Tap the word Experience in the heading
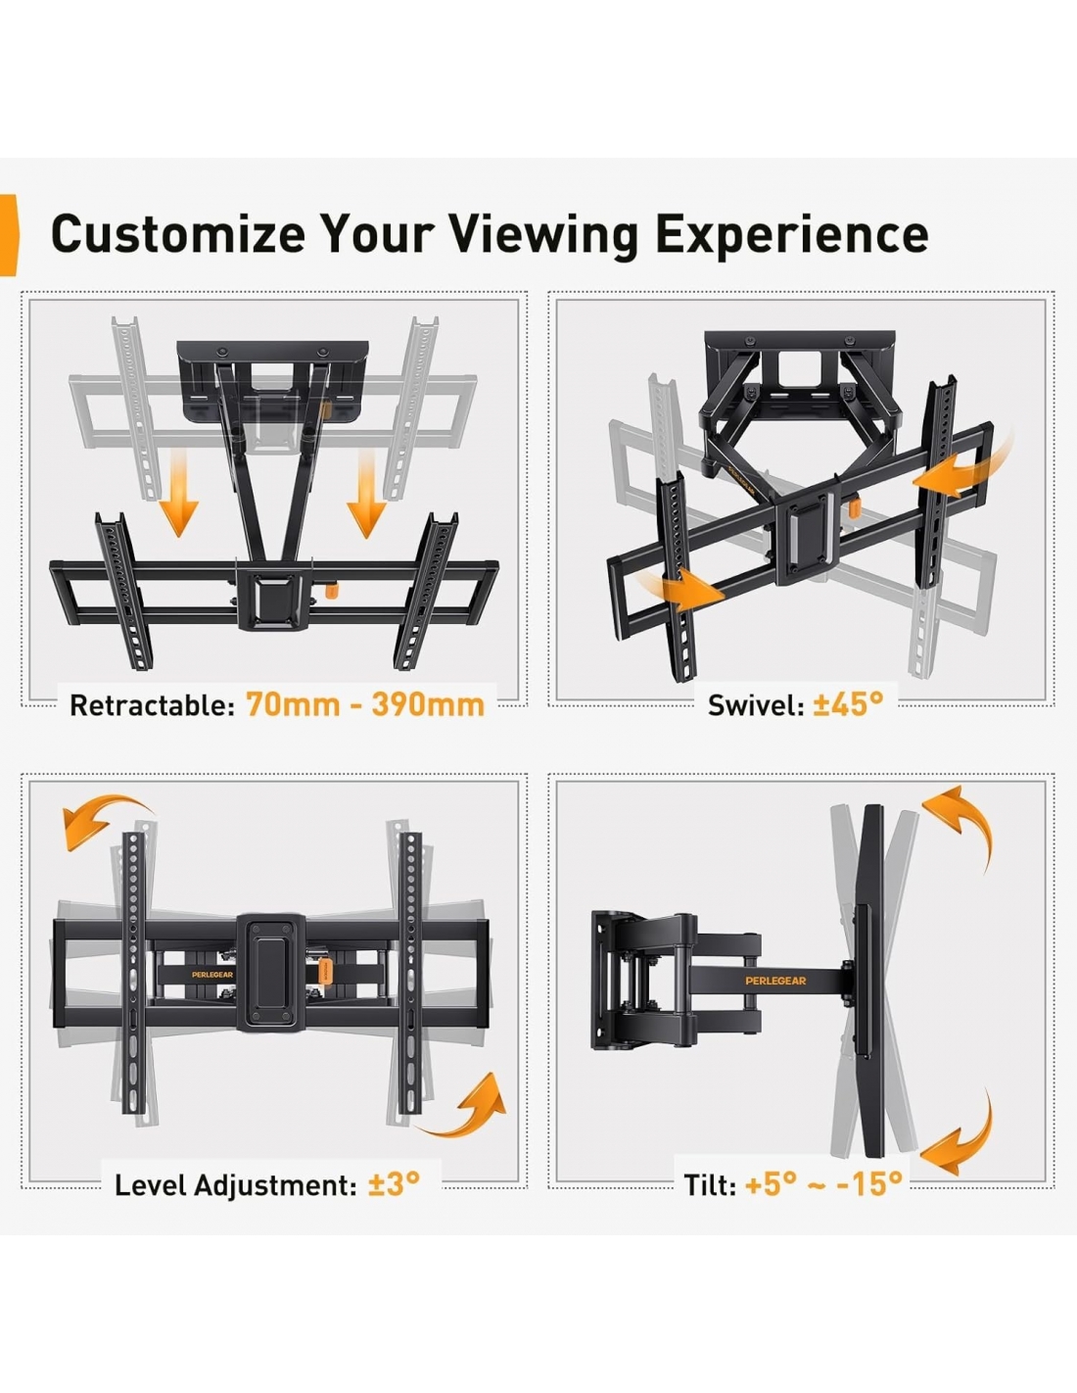(792, 236)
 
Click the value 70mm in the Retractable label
(293, 705)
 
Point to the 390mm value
(428, 705)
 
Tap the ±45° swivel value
(848, 704)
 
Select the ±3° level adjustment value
(394, 1183)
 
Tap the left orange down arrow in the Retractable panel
(179, 493)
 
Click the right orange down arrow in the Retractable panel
(366, 493)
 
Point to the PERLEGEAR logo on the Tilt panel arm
(775, 981)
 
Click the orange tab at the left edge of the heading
(9, 235)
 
